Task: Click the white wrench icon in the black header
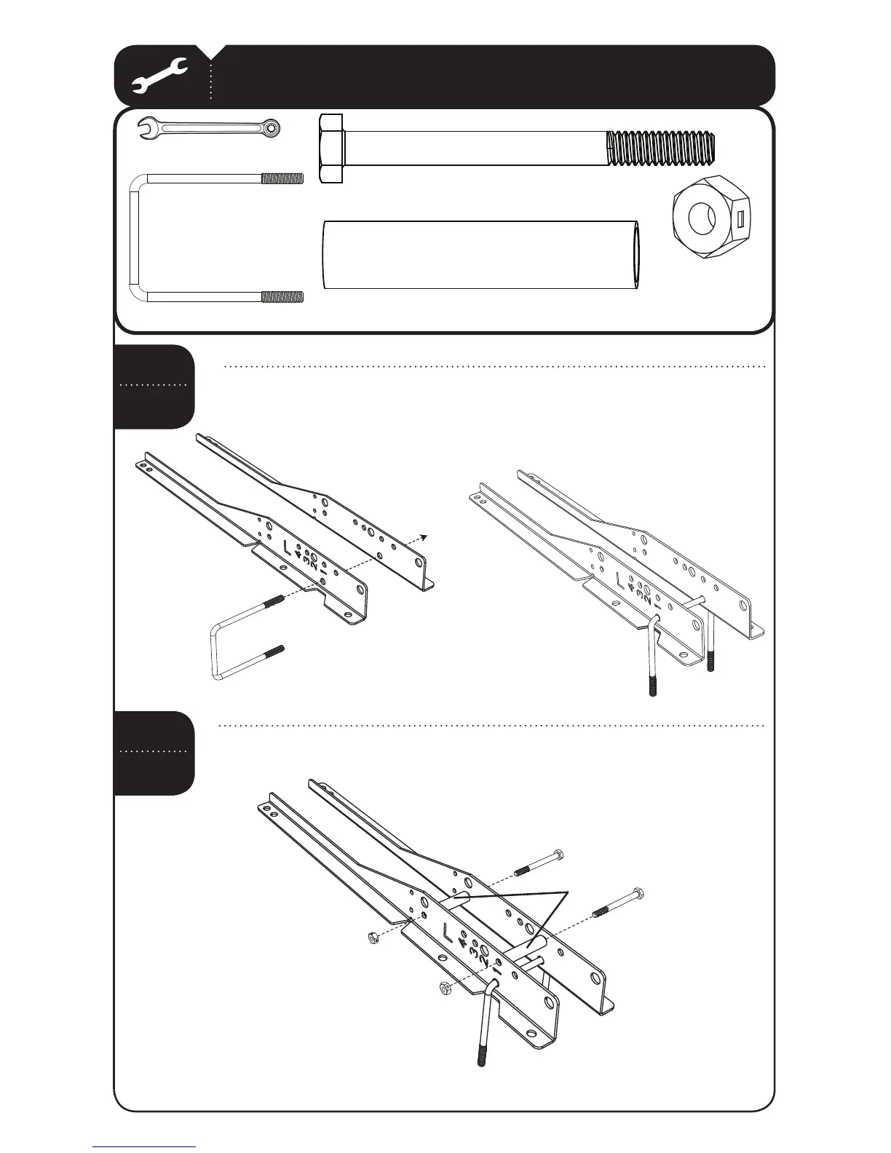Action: pyautogui.click(x=161, y=76)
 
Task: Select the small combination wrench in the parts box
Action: pyautogui.click(x=210, y=129)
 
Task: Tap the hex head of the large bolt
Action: pyautogui.click(x=330, y=148)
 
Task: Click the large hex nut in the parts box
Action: pyautogui.click(x=702, y=218)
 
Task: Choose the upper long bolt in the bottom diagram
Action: pyautogui.click(x=539, y=862)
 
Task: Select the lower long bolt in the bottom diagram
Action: pyautogui.click(x=619, y=902)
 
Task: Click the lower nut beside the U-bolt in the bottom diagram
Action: pyautogui.click(x=445, y=987)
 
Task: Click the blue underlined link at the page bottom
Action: pyautogui.click(x=144, y=1147)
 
